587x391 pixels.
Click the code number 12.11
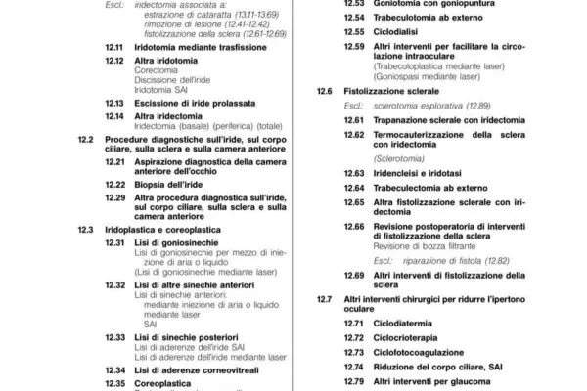[113, 47]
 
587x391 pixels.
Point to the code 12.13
[113, 102]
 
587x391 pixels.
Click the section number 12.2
[85, 141]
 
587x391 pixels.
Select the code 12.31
[113, 241]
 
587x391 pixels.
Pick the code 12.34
[113, 371]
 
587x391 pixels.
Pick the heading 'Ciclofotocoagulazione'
[425, 351]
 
